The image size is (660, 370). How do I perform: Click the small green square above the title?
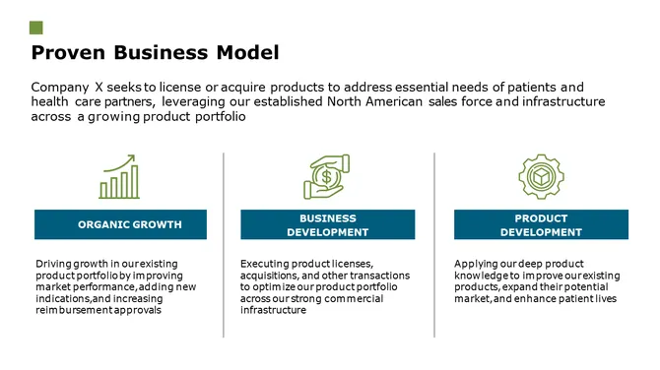pyautogui.click(x=36, y=27)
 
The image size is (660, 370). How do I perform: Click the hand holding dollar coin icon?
pyautogui.click(x=327, y=176)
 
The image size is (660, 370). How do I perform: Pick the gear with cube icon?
pyautogui.click(x=541, y=176)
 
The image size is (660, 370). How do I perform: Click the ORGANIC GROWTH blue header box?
pyautogui.click(x=120, y=224)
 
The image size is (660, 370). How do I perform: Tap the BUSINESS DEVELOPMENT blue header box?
pyautogui.click(x=327, y=224)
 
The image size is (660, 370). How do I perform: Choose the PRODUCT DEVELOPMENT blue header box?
pyautogui.click(x=541, y=224)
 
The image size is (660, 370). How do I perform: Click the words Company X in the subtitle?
pyautogui.click(x=67, y=87)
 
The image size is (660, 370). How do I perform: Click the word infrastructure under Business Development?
pyautogui.click(x=273, y=310)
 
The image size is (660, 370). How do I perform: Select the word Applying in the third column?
pyautogui.click(x=476, y=264)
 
